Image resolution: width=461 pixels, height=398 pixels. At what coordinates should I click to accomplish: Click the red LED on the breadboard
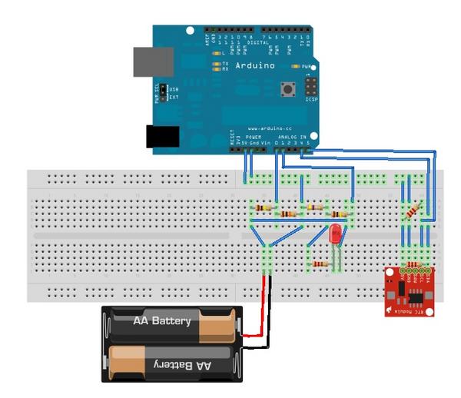click(x=335, y=234)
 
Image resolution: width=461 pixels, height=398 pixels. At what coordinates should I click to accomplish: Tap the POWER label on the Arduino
click(x=253, y=136)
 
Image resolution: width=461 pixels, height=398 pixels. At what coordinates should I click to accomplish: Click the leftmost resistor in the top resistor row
click(x=264, y=207)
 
